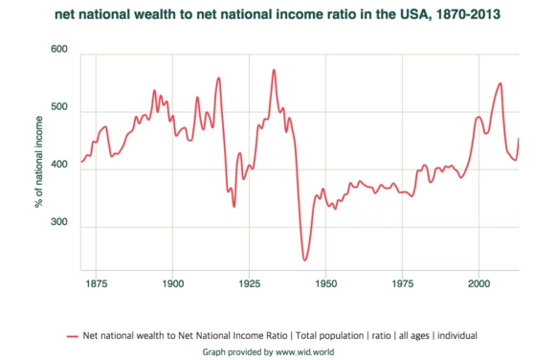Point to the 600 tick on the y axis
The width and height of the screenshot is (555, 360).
click(59, 49)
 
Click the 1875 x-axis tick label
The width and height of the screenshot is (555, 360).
click(97, 284)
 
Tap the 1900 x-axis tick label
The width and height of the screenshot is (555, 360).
click(173, 284)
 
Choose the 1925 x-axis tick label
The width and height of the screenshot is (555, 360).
click(250, 284)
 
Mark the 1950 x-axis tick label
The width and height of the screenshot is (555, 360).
click(326, 284)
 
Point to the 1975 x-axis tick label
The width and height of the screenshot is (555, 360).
click(402, 284)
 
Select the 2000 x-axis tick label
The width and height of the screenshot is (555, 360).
click(478, 284)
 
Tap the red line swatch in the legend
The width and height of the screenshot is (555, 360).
click(73, 336)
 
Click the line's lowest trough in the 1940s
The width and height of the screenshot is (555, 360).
click(305, 259)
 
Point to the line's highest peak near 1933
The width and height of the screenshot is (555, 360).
click(274, 70)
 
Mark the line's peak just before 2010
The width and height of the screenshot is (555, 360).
click(500, 83)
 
